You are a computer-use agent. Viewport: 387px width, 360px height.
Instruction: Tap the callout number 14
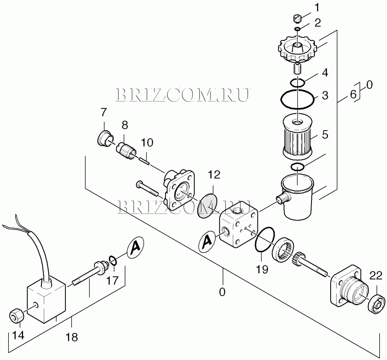tap(19, 335)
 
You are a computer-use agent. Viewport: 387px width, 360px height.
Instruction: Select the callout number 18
tap(72, 337)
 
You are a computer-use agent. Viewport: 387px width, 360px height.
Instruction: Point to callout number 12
tap(214, 175)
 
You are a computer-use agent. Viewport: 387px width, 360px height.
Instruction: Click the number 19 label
tap(262, 269)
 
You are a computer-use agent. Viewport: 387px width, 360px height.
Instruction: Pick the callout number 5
tap(325, 135)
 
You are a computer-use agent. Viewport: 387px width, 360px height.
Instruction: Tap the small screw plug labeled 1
tap(297, 19)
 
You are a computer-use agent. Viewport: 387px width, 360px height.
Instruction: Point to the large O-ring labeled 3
tap(297, 99)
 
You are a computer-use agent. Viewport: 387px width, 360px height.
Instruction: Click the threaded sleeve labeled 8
tap(126, 150)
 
